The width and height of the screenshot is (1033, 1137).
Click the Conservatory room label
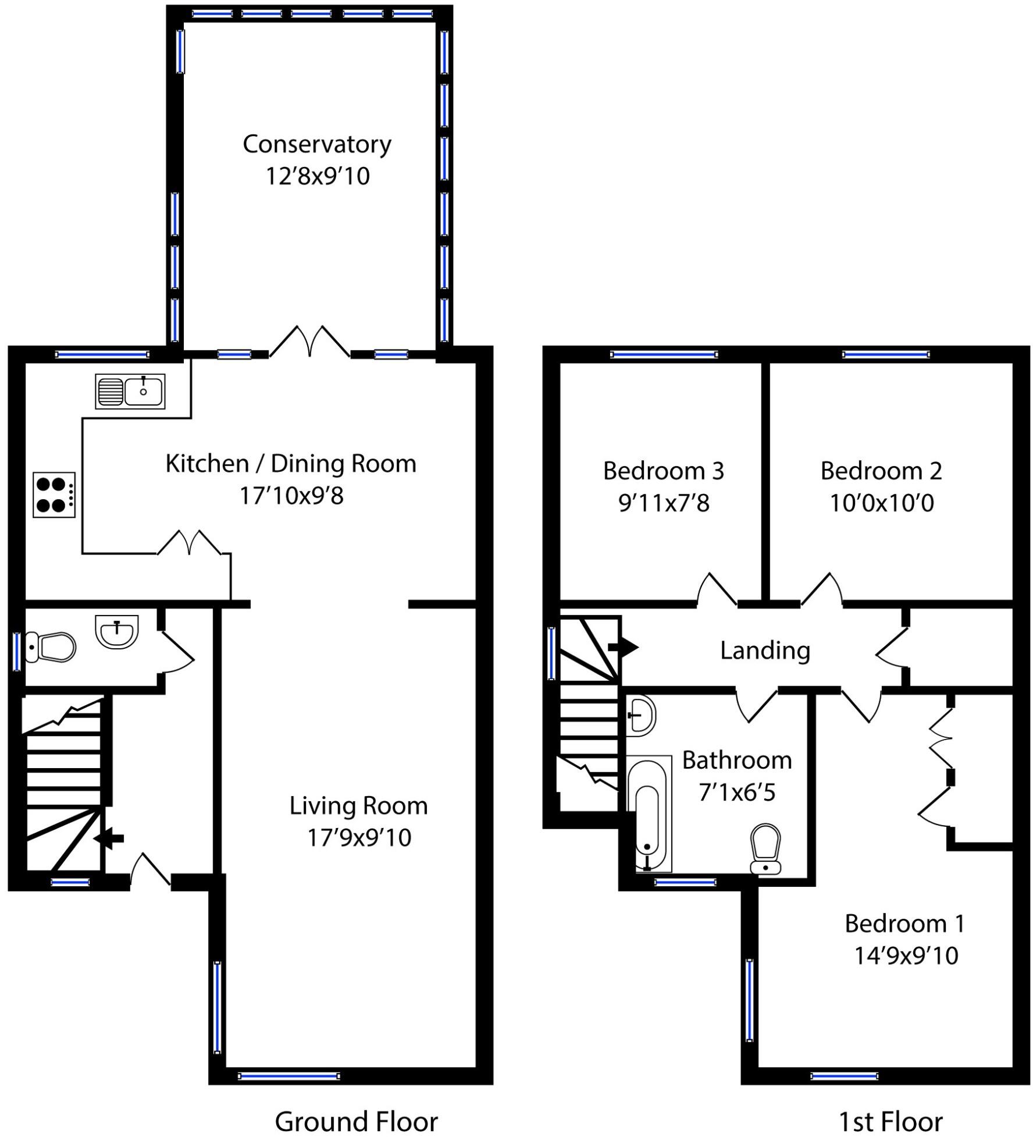coord(317,145)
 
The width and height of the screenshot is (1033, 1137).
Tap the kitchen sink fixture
coord(130,391)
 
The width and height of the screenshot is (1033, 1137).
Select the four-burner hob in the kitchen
coord(54,495)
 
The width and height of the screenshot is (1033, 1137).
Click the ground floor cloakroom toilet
coord(50,646)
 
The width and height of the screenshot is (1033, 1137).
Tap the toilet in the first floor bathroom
coord(766,849)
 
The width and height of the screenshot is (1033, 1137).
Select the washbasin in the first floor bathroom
coord(641,716)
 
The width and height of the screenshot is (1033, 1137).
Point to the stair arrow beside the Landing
coord(623,647)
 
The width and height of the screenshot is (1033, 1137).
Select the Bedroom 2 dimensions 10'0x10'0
coord(881,503)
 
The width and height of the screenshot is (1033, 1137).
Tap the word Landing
coord(765,651)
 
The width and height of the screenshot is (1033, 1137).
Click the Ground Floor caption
coord(356,1121)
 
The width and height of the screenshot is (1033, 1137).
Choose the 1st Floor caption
coord(890,1121)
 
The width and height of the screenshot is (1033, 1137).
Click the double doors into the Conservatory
coord(310,342)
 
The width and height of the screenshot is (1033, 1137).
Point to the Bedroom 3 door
coord(717,589)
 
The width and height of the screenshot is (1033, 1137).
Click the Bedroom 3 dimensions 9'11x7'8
coord(664,503)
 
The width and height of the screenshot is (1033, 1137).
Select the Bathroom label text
coord(737,761)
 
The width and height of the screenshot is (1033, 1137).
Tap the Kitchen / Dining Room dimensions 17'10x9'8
coord(291,496)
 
